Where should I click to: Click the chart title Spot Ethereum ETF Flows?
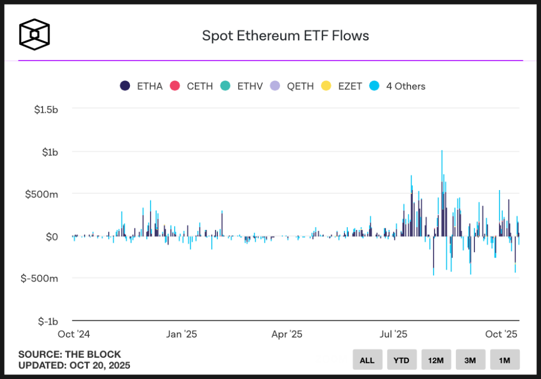pyautogui.click(x=286, y=36)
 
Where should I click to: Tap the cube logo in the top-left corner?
pyautogui.click(x=34, y=34)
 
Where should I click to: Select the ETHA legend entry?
pyautogui.click(x=142, y=86)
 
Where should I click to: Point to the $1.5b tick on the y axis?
pyautogui.click(x=46, y=109)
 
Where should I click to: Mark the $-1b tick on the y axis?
pyautogui.click(x=48, y=321)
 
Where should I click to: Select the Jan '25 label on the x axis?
pyautogui.click(x=182, y=334)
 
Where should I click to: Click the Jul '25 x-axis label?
pyautogui.click(x=393, y=334)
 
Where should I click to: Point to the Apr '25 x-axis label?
pyautogui.click(x=287, y=334)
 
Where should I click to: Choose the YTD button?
pyautogui.click(x=401, y=360)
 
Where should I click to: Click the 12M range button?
pyautogui.click(x=436, y=360)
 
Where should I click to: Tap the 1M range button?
pyautogui.click(x=505, y=360)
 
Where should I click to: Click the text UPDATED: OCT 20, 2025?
pyautogui.click(x=74, y=366)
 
